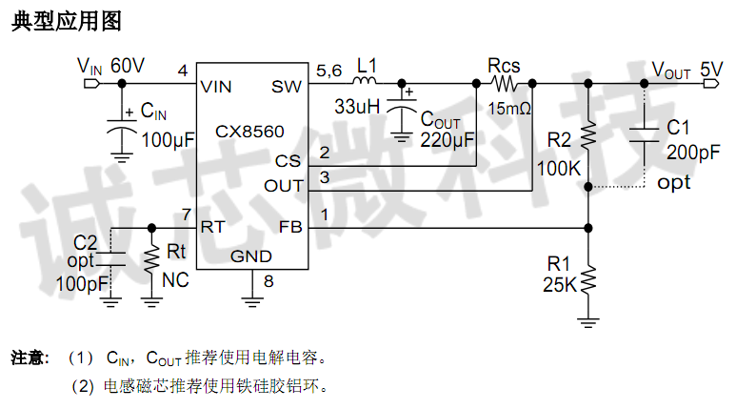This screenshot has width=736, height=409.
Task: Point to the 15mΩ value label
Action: [x=509, y=109]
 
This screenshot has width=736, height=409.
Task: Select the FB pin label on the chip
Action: [x=289, y=227]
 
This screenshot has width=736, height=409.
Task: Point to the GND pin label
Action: [x=251, y=256]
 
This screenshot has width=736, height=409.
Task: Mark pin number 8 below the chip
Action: [x=268, y=281]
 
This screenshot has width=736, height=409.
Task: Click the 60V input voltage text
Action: [x=128, y=66]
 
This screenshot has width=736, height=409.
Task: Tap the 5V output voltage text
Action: [x=711, y=70]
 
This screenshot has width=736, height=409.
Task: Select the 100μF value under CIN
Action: [x=168, y=140]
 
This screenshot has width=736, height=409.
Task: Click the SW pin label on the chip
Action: [x=287, y=87]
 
